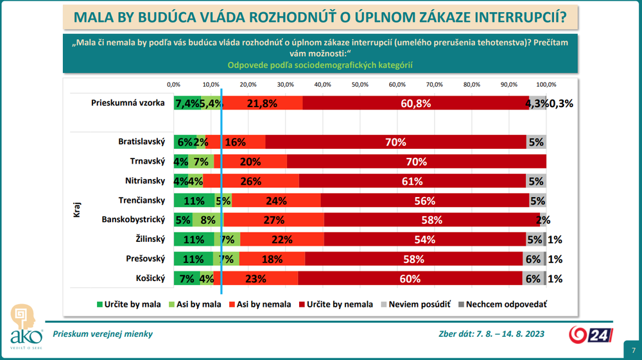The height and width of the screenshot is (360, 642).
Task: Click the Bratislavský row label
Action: click(x=142, y=142)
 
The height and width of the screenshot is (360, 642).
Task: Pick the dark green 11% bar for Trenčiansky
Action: click(x=194, y=200)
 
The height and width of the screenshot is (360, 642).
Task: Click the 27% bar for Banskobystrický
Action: click(x=273, y=220)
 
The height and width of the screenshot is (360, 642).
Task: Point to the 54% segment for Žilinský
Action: click(x=425, y=239)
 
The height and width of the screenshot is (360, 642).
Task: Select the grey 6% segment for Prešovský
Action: click(x=533, y=259)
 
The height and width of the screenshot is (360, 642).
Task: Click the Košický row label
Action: click(x=152, y=279)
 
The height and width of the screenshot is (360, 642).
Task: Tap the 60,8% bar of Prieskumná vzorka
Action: click(x=415, y=103)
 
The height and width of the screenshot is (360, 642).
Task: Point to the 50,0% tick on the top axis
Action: click(x=360, y=84)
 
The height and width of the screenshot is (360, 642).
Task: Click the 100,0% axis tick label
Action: click(x=546, y=84)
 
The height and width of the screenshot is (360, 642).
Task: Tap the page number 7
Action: click(x=633, y=350)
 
